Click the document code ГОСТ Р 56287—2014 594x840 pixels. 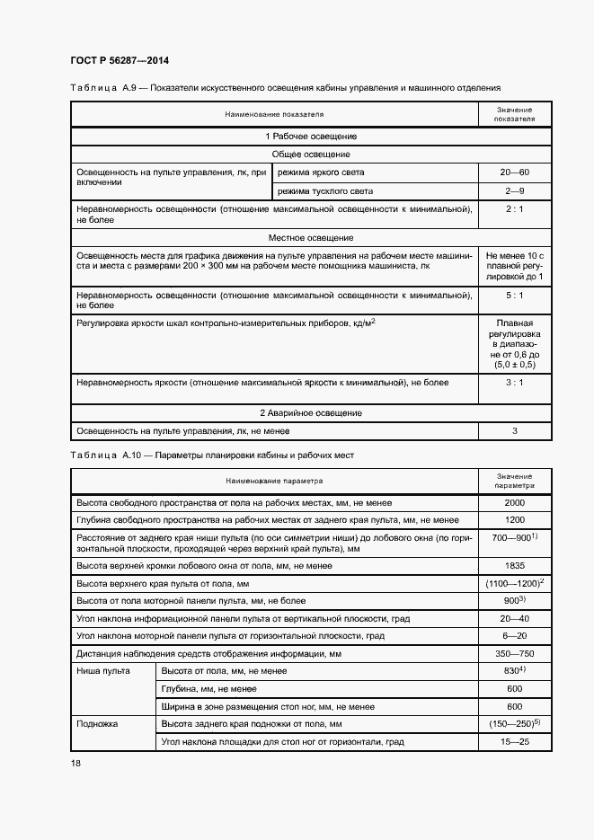pos(120,60)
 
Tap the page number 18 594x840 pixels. pos(75,763)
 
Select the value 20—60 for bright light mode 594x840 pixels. pos(515,172)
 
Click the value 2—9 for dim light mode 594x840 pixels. pos(515,191)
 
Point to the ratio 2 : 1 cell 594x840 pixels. pos(515,208)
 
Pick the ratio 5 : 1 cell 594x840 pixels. pos(515,295)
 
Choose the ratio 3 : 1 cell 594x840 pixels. pos(515,382)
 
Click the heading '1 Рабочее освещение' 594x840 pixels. pos(311,136)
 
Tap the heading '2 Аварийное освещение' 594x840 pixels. pos(311,412)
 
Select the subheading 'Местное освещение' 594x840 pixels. pos(311,238)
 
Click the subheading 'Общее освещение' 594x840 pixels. pos(311,155)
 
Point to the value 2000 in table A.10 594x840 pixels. pos(515,503)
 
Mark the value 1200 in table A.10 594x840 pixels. pos(515,520)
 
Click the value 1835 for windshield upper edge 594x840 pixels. pos(515,566)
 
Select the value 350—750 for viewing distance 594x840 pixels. pos(515,653)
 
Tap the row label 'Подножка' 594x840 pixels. pos(98,723)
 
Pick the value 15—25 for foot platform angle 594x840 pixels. pos(515,741)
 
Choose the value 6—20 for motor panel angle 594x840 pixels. pos(515,635)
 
